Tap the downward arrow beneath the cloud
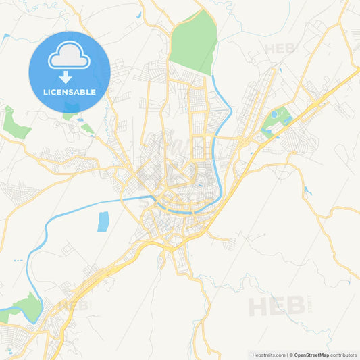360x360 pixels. coord(69,77)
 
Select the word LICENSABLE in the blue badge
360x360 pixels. coord(69,92)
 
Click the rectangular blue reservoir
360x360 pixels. coord(103,222)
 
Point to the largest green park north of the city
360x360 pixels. coord(194,42)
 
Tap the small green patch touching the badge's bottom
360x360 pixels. coord(69,115)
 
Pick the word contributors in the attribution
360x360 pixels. coord(343,355)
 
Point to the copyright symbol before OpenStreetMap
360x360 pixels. coord(292,355)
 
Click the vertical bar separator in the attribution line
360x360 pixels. coord(287,355)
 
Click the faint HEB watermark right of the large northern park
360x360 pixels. coord(280,49)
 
